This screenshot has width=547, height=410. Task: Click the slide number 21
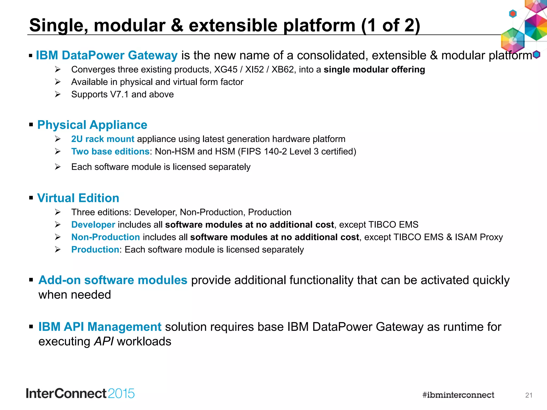(x=529, y=395)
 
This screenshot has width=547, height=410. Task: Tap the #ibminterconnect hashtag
(x=458, y=395)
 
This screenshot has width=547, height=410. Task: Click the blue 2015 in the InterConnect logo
(x=121, y=394)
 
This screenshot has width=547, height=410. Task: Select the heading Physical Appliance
(x=92, y=125)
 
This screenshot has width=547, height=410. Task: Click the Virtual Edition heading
(x=78, y=198)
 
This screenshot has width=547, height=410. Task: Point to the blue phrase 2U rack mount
(x=103, y=139)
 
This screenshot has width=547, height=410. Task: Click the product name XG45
(x=226, y=70)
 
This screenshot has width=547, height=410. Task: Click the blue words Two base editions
(x=110, y=152)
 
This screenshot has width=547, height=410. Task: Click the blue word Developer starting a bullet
(x=93, y=225)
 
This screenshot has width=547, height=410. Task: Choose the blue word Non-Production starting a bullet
(x=106, y=237)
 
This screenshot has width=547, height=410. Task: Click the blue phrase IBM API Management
(x=100, y=327)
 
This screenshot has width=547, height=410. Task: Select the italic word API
(x=104, y=342)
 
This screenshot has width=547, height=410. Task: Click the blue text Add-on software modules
(x=113, y=280)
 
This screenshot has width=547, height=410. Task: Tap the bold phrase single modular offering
(x=374, y=70)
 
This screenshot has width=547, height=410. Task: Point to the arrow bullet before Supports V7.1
(x=58, y=94)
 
